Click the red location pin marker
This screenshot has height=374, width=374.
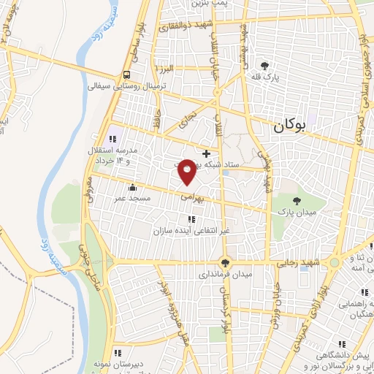(x=187, y=171)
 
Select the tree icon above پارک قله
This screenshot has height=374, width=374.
(x=274, y=66)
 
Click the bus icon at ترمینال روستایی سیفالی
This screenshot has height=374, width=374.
(x=127, y=75)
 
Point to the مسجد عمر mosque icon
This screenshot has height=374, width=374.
(x=131, y=188)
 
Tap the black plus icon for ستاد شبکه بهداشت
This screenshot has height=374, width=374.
(x=207, y=153)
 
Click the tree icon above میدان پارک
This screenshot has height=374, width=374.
(x=297, y=200)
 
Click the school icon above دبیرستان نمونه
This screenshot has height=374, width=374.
(x=116, y=353)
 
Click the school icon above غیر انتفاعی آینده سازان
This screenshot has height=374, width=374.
(x=191, y=219)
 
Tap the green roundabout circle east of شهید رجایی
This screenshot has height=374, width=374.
(x=334, y=262)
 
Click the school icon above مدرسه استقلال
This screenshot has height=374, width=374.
(x=112, y=139)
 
